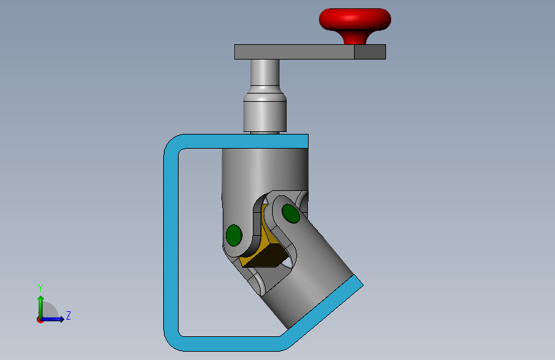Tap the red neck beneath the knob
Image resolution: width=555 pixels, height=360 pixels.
355,38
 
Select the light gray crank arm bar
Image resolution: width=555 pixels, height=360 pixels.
294,52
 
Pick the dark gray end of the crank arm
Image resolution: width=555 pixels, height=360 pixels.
370,52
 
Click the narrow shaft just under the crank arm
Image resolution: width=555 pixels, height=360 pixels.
265,72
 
